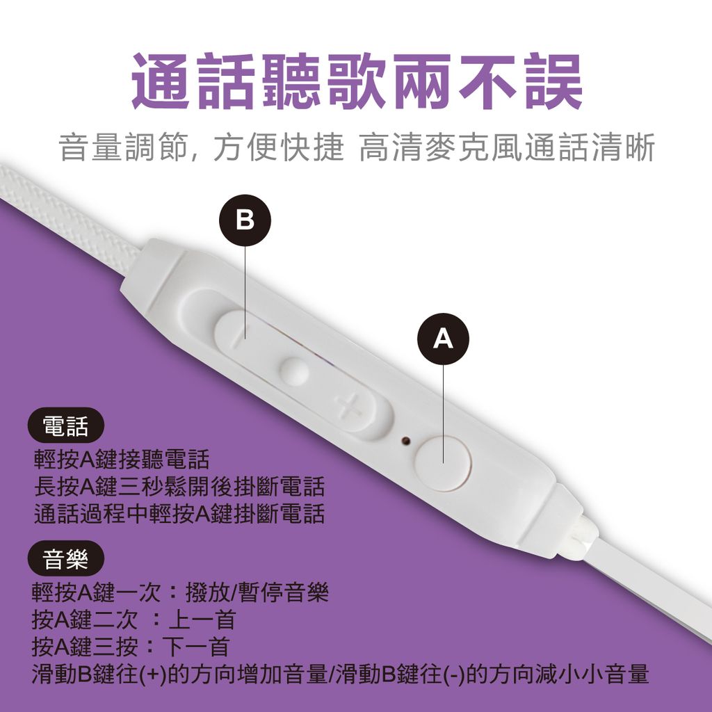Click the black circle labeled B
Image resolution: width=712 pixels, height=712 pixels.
point(245,220)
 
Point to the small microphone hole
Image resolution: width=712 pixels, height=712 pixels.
point(405,440)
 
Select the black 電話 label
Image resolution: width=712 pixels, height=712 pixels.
point(66,426)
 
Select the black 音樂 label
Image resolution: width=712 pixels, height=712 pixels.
point(66,558)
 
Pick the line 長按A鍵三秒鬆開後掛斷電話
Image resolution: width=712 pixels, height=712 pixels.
point(179,487)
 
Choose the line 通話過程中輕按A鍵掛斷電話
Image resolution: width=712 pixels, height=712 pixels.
point(179,514)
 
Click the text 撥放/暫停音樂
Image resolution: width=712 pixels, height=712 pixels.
point(257,592)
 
